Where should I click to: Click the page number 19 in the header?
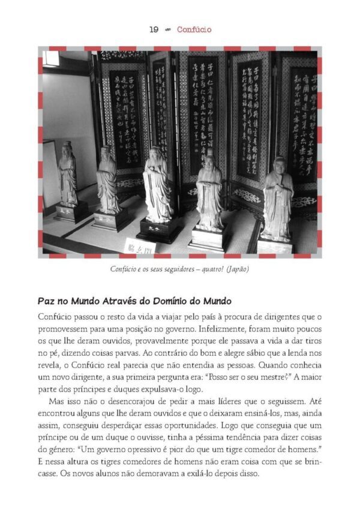pos(154,29)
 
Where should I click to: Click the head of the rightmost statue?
pos(279,164)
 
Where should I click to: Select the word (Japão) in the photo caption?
pos(237,269)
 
